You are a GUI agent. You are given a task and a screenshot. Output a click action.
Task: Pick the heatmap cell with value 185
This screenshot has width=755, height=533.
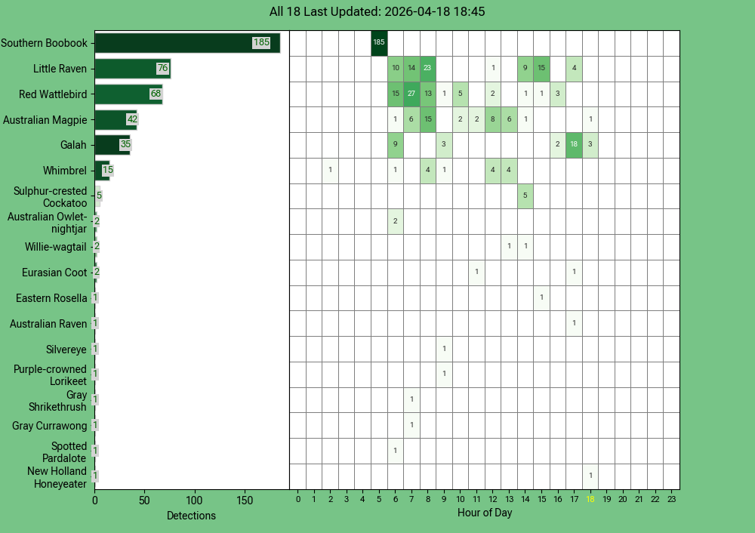click(x=379, y=43)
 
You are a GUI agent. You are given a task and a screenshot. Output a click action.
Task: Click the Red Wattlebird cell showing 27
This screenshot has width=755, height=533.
click(x=411, y=94)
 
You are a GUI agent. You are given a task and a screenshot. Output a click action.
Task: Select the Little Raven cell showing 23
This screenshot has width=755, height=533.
click(x=427, y=69)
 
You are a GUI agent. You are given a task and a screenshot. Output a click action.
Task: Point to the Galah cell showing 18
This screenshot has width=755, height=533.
click(x=574, y=145)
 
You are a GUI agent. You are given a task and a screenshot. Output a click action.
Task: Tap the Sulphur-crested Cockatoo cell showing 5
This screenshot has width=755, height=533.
click(x=525, y=196)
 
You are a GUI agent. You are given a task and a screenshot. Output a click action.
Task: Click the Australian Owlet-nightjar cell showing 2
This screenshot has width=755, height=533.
click(x=395, y=222)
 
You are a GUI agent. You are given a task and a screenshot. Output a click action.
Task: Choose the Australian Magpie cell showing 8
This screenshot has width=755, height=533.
click(x=492, y=120)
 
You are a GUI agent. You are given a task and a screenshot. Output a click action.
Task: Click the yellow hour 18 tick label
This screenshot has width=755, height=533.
click(x=590, y=499)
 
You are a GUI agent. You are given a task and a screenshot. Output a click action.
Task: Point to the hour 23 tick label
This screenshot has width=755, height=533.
click(x=671, y=499)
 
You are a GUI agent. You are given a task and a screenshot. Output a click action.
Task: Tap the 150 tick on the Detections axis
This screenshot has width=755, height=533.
click(x=245, y=500)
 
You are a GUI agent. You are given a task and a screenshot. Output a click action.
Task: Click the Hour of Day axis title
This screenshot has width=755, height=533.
click(x=485, y=513)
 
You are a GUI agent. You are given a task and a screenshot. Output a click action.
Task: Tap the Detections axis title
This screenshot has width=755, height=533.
click(x=191, y=516)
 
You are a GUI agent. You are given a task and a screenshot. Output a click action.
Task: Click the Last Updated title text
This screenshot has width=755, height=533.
click(x=377, y=12)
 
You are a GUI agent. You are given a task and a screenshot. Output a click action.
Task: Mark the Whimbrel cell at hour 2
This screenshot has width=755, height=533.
click(x=330, y=171)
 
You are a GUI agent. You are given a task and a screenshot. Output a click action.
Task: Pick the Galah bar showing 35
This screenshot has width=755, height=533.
click(x=112, y=145)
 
